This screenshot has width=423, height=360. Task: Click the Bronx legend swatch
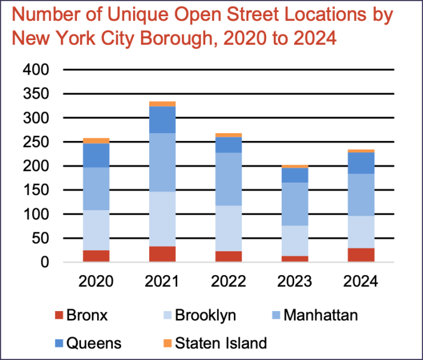click(58, 315)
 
